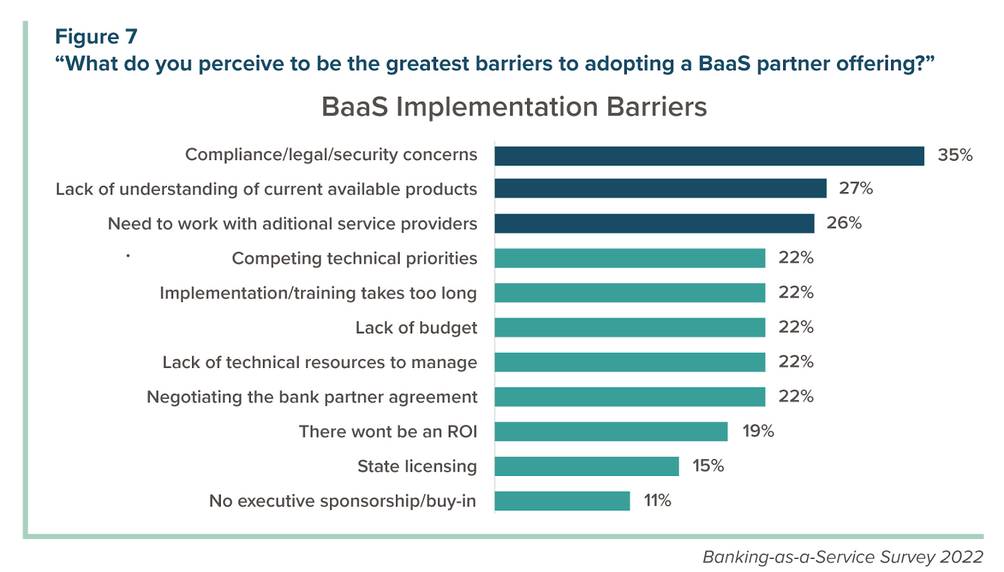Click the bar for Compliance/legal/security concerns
709,156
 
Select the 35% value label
954,155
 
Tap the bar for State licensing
586,466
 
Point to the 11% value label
657,500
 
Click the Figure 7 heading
96,36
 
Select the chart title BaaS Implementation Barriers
514,107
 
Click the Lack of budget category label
416,328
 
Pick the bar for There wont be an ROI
611,431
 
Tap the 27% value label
855,188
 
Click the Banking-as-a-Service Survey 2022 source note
842,557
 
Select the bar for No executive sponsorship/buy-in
562,500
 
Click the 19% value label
757,431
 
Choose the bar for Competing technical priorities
629,258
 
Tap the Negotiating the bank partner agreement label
312,397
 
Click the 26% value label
843,223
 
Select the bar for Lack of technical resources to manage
629,362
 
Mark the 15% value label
708,466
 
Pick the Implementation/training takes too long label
318,293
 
